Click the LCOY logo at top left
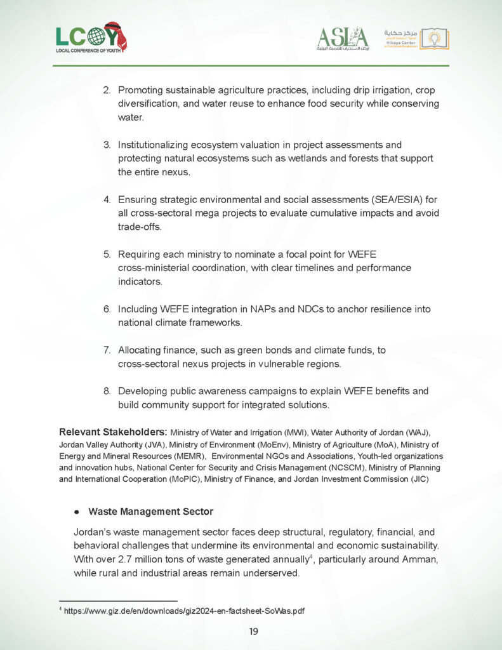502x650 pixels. [x=91, y=38]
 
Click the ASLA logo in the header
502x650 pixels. [x=342, y=39]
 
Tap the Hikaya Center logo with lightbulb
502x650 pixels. [x=416, y=39]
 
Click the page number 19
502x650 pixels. [x=253, y=631]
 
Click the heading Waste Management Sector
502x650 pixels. [x=150, y=511]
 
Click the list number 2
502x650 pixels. [x=107, y=91]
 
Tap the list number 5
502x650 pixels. [x=107, y=255]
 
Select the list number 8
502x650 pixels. [x=107, y=390]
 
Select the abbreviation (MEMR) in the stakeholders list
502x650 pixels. [x=189, y=456]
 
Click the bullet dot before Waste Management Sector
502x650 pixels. [x=76, y=512]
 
